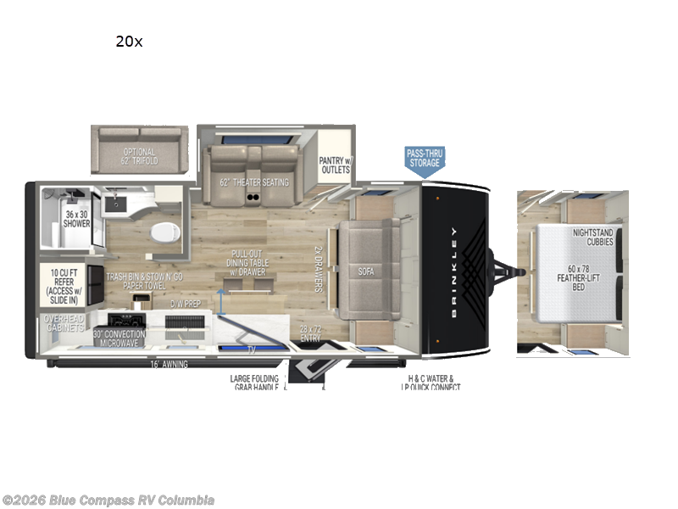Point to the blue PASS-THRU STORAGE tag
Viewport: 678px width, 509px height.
click(424, 159)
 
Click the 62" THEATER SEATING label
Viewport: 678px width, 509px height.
click(254, 182)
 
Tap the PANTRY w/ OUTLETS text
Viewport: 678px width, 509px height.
click(335, 164)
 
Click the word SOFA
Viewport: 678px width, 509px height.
click(365, 271)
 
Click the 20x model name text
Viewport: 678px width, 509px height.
click(129, 41)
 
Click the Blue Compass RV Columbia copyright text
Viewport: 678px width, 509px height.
click(108, 500)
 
